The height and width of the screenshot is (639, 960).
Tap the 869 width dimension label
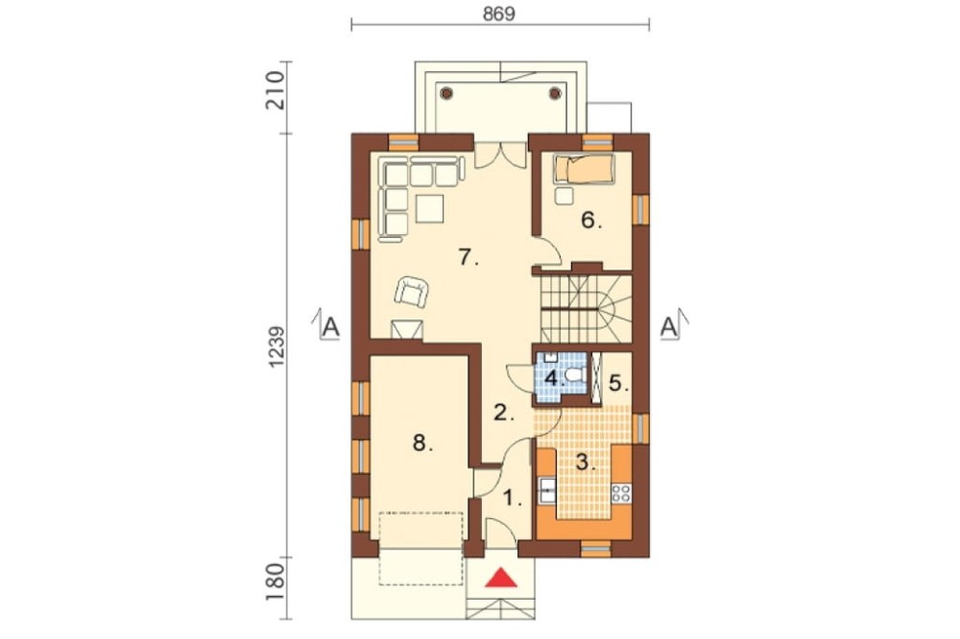[499, 14]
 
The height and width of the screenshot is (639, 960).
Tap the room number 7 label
[468, 258]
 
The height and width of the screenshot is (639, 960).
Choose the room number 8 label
[422, 442]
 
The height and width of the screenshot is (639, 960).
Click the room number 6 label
[590, 220]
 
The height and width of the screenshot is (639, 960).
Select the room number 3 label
[586, 462]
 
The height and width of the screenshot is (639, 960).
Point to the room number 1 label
[513, 499]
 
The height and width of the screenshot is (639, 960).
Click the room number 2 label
[503, 414]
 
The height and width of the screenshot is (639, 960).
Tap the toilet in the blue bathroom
[574, 374]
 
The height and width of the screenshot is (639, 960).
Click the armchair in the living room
[411, 291]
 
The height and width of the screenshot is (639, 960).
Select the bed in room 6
[584, 169]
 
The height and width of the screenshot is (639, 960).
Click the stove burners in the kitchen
[621, 493]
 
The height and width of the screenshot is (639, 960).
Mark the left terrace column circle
[446, 93]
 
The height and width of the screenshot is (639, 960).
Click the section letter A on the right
[669, 327]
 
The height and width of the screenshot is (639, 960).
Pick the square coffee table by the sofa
[429, 208]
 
